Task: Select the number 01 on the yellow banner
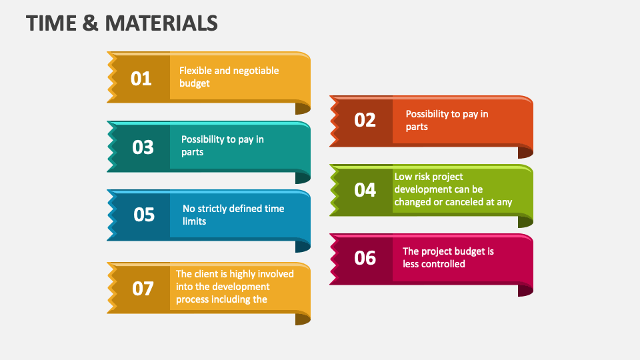pos(141,79)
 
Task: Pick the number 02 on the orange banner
pos(365,120)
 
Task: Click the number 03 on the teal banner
pos(143,147)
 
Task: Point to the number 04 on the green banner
pos(365,190)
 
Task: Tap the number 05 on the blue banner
pos(144,215)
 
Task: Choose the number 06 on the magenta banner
pos(365,258)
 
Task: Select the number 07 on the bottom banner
pos(143,289)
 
